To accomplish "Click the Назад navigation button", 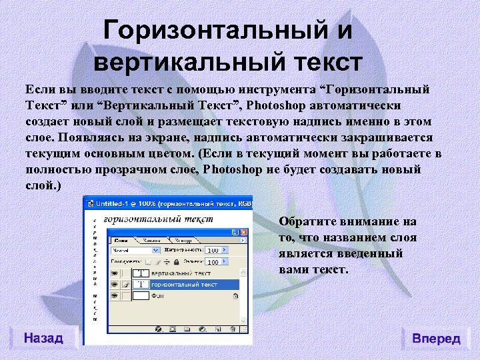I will click(43, 338).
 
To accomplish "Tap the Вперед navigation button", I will click(436, 338).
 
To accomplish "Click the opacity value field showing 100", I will click(213, 251).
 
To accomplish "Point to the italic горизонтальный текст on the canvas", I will click(159, 219).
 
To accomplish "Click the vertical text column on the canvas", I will click(95, 267).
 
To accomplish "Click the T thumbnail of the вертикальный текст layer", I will click(141, 273).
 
